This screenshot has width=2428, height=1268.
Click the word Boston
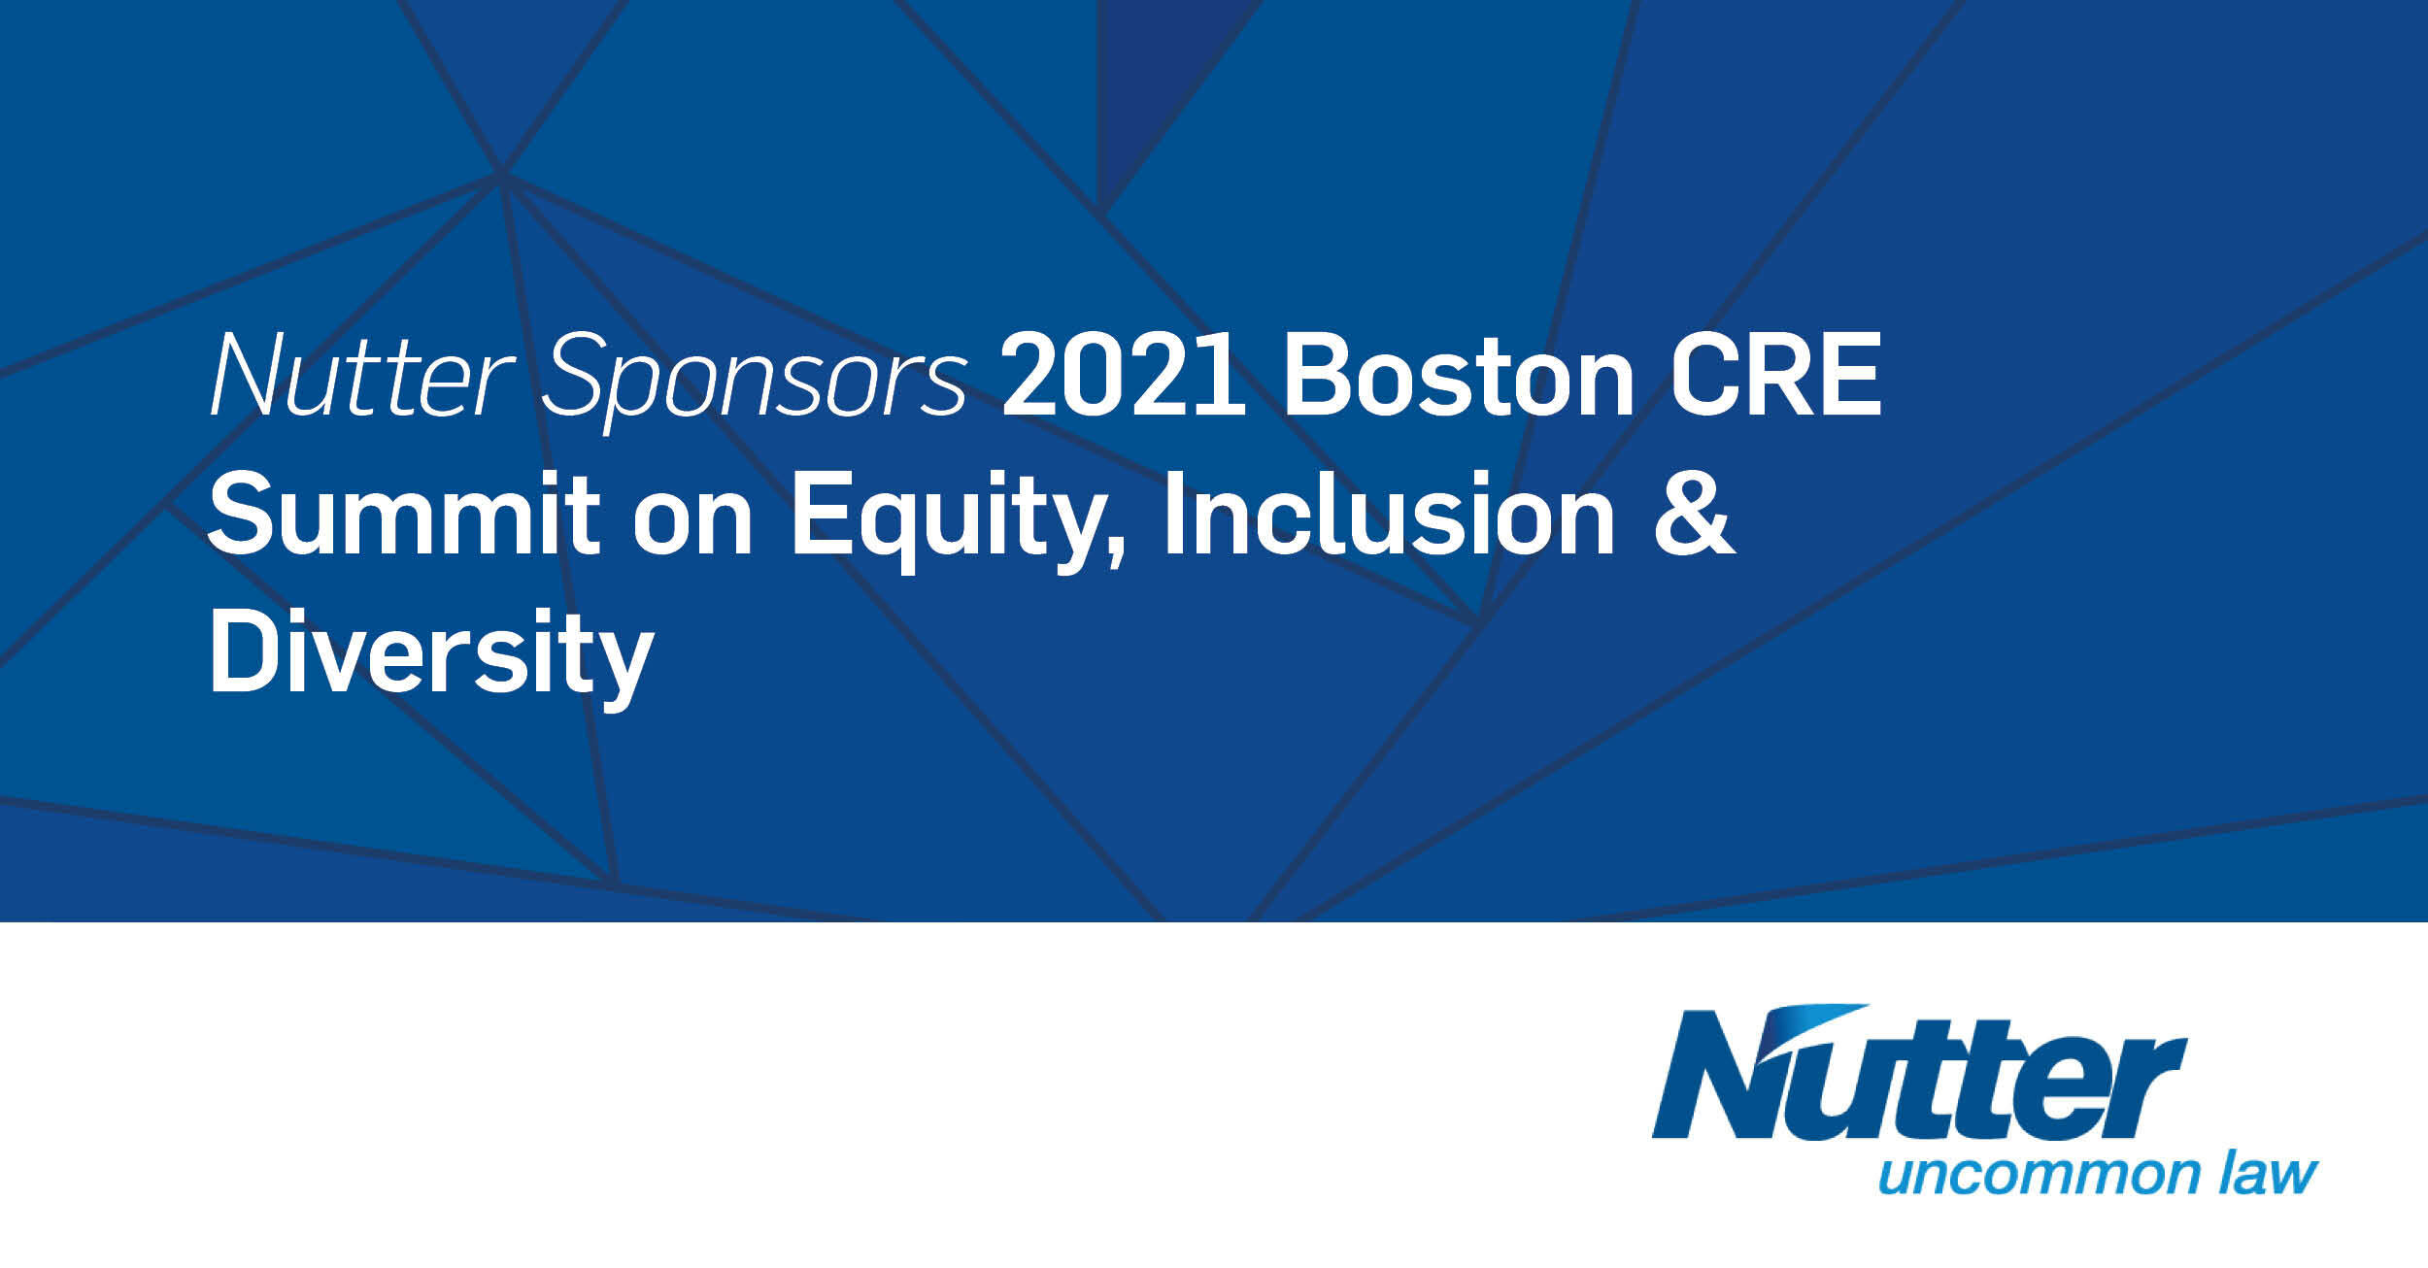[x=1458, y=377]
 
